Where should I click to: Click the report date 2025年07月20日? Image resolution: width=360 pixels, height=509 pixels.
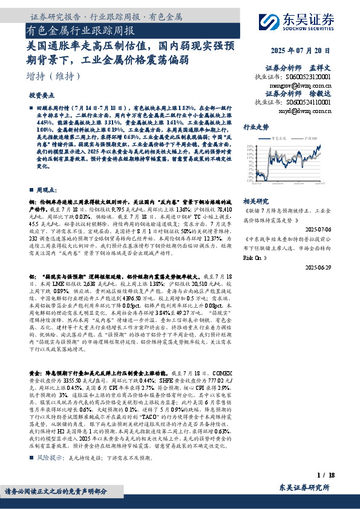click(x=309, y=51)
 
